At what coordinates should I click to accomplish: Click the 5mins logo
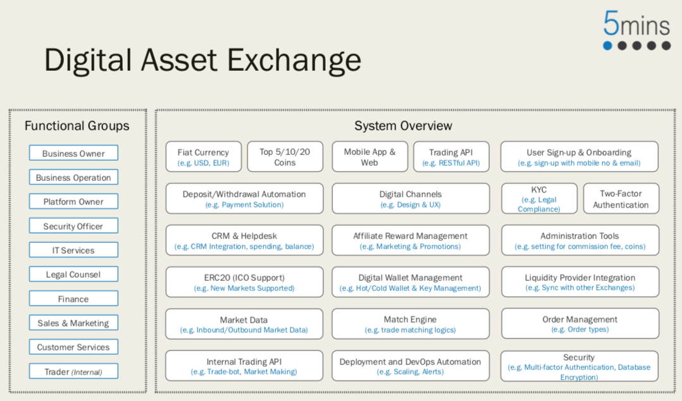[636, 30]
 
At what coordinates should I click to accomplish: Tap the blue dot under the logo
[607, 46]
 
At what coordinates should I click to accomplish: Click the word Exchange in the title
[294, 60]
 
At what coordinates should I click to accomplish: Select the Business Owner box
[73, 153]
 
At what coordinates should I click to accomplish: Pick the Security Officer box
[73, 226]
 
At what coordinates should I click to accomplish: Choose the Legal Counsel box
[73, 275]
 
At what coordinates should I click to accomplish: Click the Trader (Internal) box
[73, 371]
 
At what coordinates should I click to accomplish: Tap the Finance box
[73, 299]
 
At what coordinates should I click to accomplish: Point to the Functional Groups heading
[77, 126]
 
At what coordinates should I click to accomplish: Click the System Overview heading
[403, 126]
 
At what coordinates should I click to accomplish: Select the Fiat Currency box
[204, 157]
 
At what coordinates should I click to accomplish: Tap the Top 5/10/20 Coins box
[285, 157]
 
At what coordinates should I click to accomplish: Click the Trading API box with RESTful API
[451, 157]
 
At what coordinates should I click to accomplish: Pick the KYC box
[539, 199]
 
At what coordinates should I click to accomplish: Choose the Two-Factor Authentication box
[621, 199]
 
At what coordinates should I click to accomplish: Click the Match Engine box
[411, 324]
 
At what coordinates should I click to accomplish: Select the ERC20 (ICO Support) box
[244, 282]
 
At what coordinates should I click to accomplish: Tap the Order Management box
[580, 324]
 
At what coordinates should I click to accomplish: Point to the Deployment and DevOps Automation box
[411, 366]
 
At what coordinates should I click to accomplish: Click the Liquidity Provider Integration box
[580, 282]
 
